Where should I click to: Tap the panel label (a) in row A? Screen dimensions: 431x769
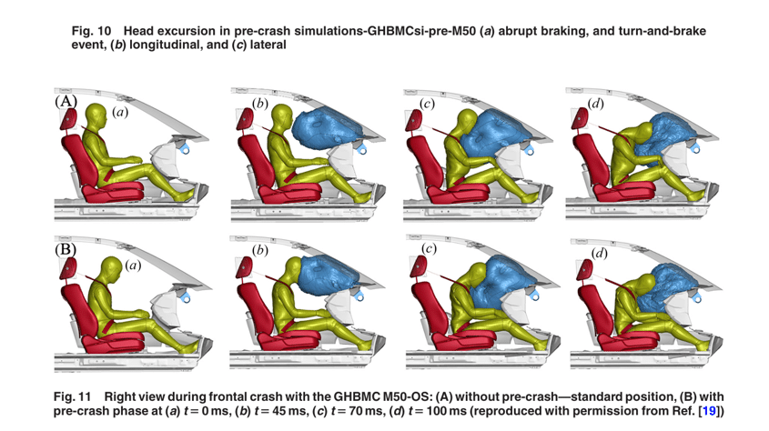tap(120, 112)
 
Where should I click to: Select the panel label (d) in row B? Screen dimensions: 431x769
tap(600, 254)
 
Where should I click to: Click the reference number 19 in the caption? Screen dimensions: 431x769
tap(708, 412)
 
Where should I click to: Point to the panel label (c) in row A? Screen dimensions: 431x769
tap(429, 104)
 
